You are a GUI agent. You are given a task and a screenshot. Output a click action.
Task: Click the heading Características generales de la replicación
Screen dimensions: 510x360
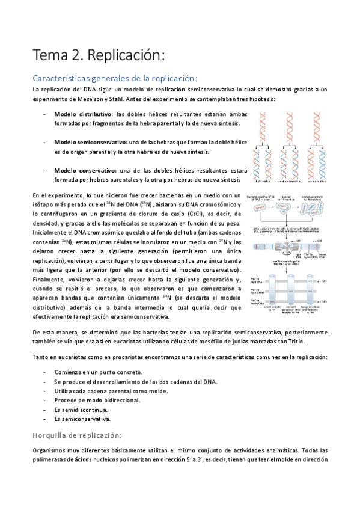pyautogui.click(x=114, y=78)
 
